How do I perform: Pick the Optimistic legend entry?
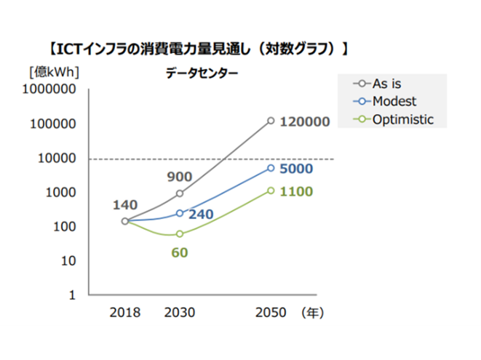click(x=402, y=119)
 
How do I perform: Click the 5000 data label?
click(x=296, y=169)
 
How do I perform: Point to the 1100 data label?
click(x=296, y=192)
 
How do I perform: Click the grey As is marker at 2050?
click(x=271, y=121)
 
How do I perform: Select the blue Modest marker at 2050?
click(x=271, y=168)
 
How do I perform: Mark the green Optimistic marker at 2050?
click(x=271, y=191)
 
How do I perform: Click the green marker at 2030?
click(x=180, y=233)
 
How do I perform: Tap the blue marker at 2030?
click(x=180, y=213)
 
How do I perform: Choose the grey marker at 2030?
click(x=180, y=193)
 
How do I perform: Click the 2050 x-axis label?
click(x=271, y=313)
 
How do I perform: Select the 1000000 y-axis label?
click(x=52, y=90)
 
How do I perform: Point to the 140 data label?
click(x=124, y=205)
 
